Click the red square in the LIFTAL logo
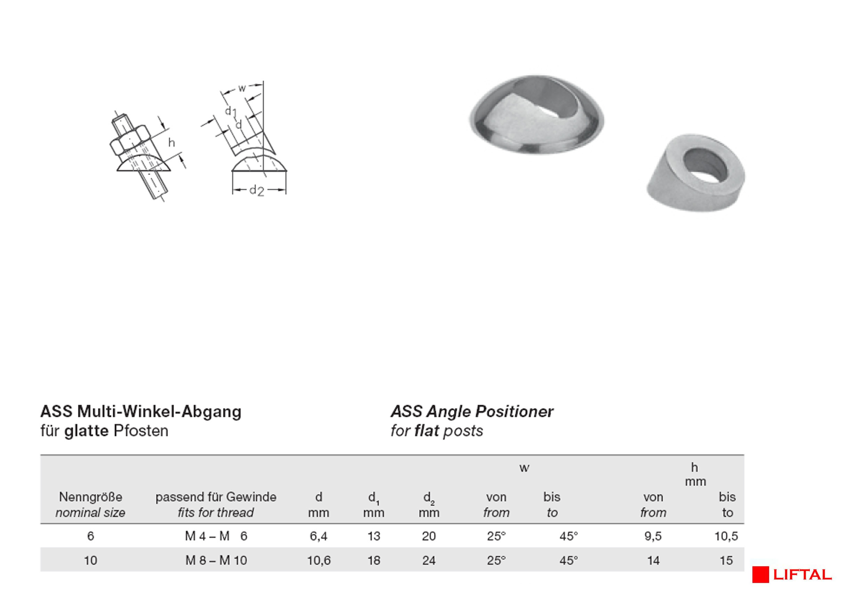[x=760, y=575]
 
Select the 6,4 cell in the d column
[x=318, y=536]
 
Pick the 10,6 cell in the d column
[x=319, y=560]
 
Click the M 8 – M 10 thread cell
[x=216, y=560]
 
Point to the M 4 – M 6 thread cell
[x=216, y=536]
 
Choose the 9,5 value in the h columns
[x=653, y=536]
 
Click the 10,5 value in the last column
[x=726, y=536]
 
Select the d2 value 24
[x=429, y=560]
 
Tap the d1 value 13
[x=374, y=536]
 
